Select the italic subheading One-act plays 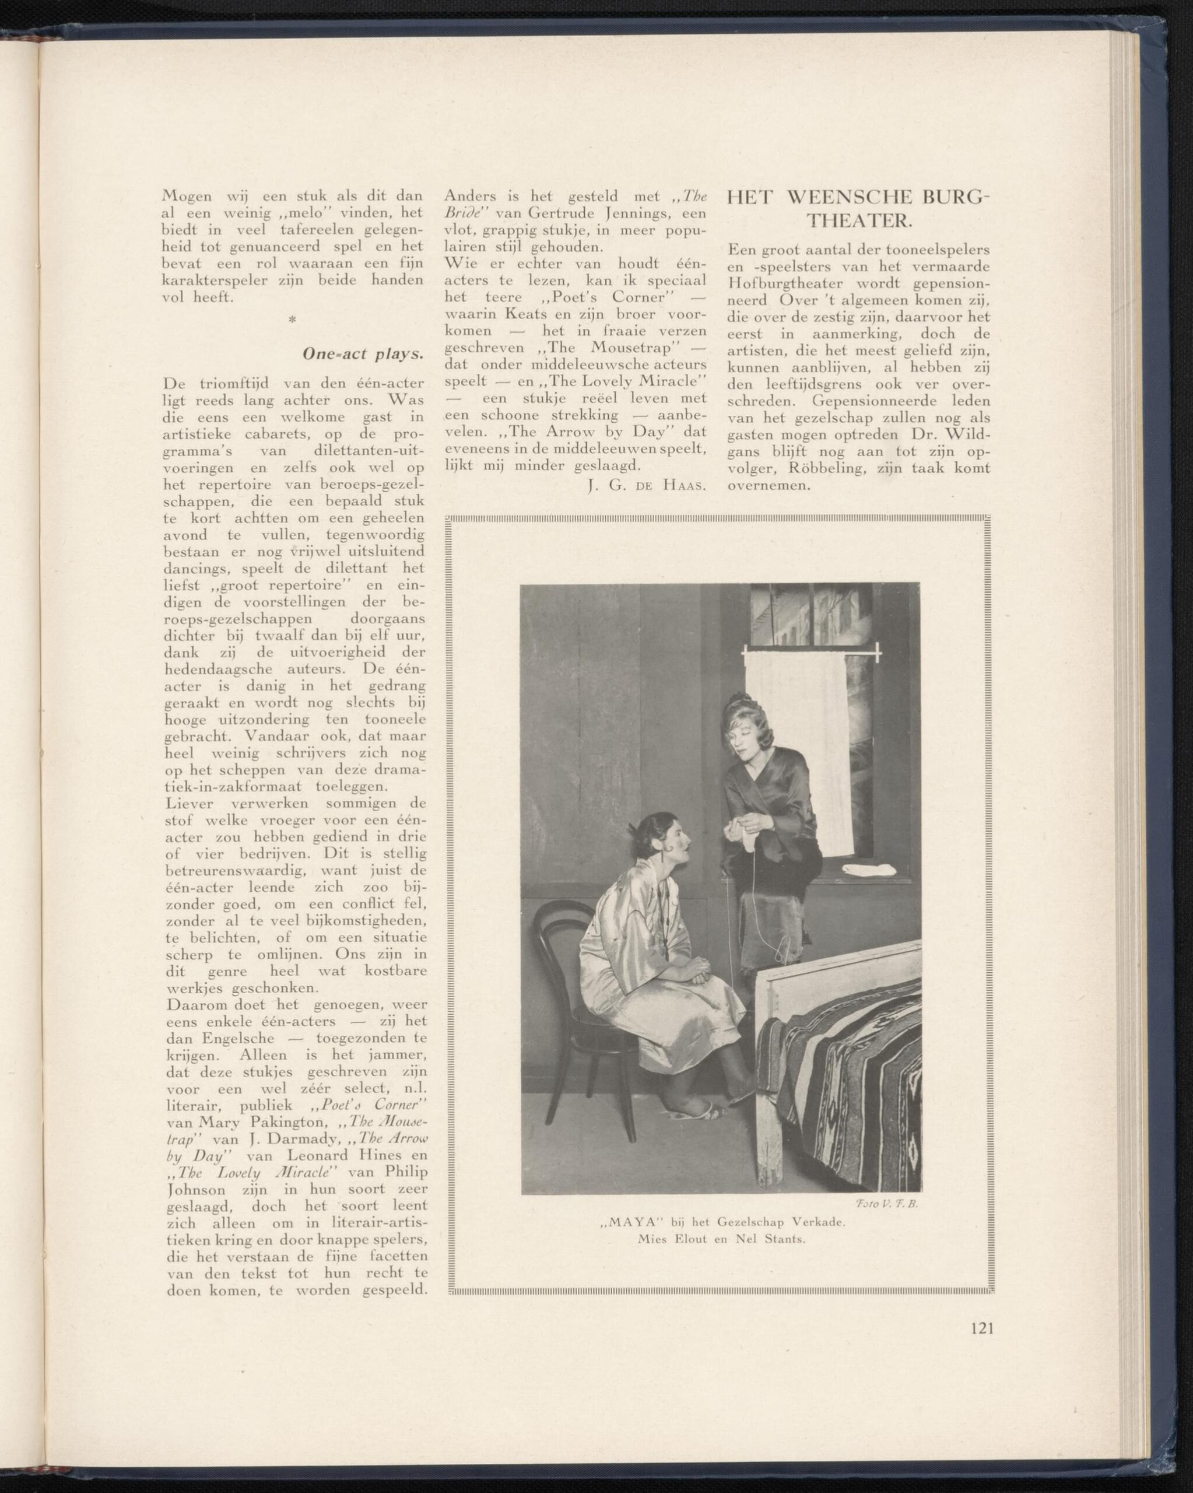coord(363,354)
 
